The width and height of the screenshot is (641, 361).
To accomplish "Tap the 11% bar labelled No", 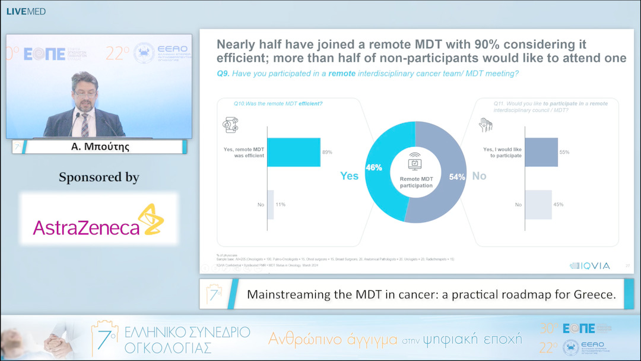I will [271, 204].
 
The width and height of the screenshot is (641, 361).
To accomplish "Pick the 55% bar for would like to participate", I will [541, 152].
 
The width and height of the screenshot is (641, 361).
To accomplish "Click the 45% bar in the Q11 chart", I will [538, 204].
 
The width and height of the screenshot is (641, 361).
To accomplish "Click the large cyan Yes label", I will [349, 176].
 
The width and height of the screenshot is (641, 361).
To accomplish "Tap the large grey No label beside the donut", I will [479, 176].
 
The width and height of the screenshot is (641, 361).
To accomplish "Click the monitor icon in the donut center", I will [415, 163].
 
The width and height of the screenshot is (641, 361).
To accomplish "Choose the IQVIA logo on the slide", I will [589, 266].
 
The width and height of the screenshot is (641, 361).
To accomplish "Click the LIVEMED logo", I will [26, 11].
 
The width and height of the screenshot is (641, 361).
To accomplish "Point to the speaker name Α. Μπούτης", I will [99, 146].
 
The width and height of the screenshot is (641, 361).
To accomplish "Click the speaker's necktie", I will [85, 124].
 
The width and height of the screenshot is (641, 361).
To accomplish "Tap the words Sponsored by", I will [99, 177].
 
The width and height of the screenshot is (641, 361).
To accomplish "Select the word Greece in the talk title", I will [595, 294].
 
